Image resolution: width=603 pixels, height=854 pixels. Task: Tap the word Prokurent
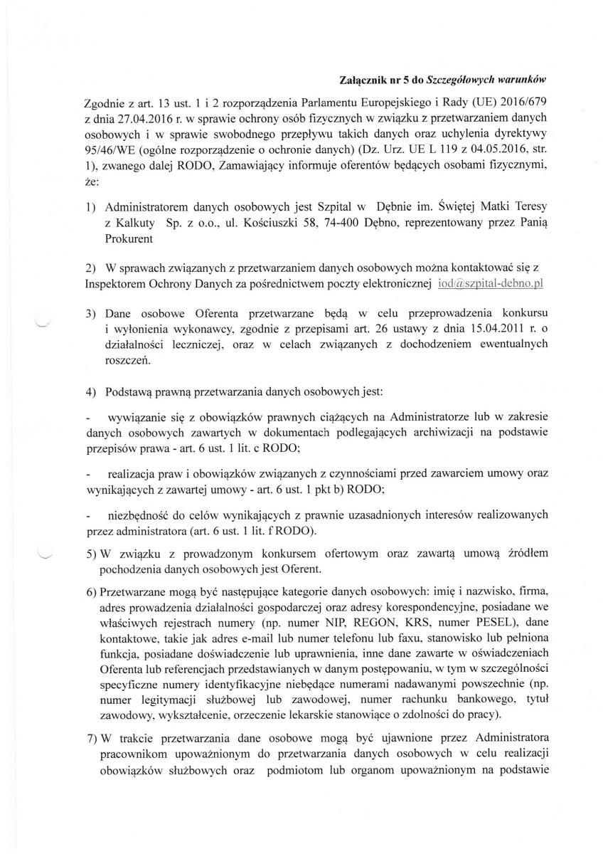pos(128,239)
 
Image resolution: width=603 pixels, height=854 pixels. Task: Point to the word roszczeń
pos(127,361)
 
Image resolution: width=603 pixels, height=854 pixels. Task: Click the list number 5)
pos(92,553)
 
